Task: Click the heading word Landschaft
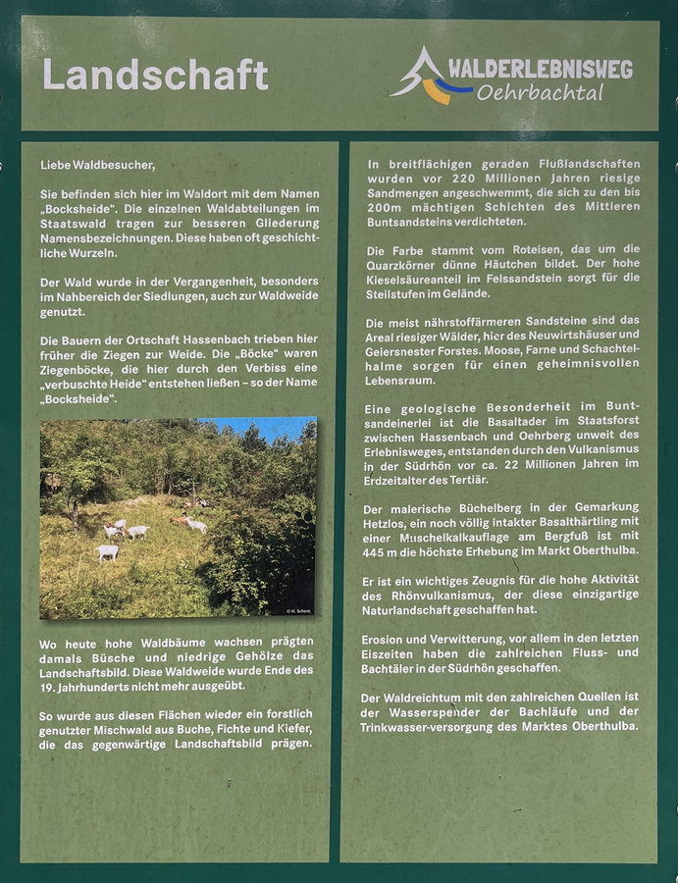tap(155, 76)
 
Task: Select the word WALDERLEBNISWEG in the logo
tap(540, 69)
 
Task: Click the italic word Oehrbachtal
tap(540, 94)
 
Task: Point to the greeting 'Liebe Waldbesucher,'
tap(97, 165)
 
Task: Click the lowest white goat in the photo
tap(107, 552)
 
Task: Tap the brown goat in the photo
tap(181, 521)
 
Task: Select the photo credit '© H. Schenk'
tap(298, 610)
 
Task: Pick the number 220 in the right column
tap(466, 180)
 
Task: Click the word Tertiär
tap(466, 479)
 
